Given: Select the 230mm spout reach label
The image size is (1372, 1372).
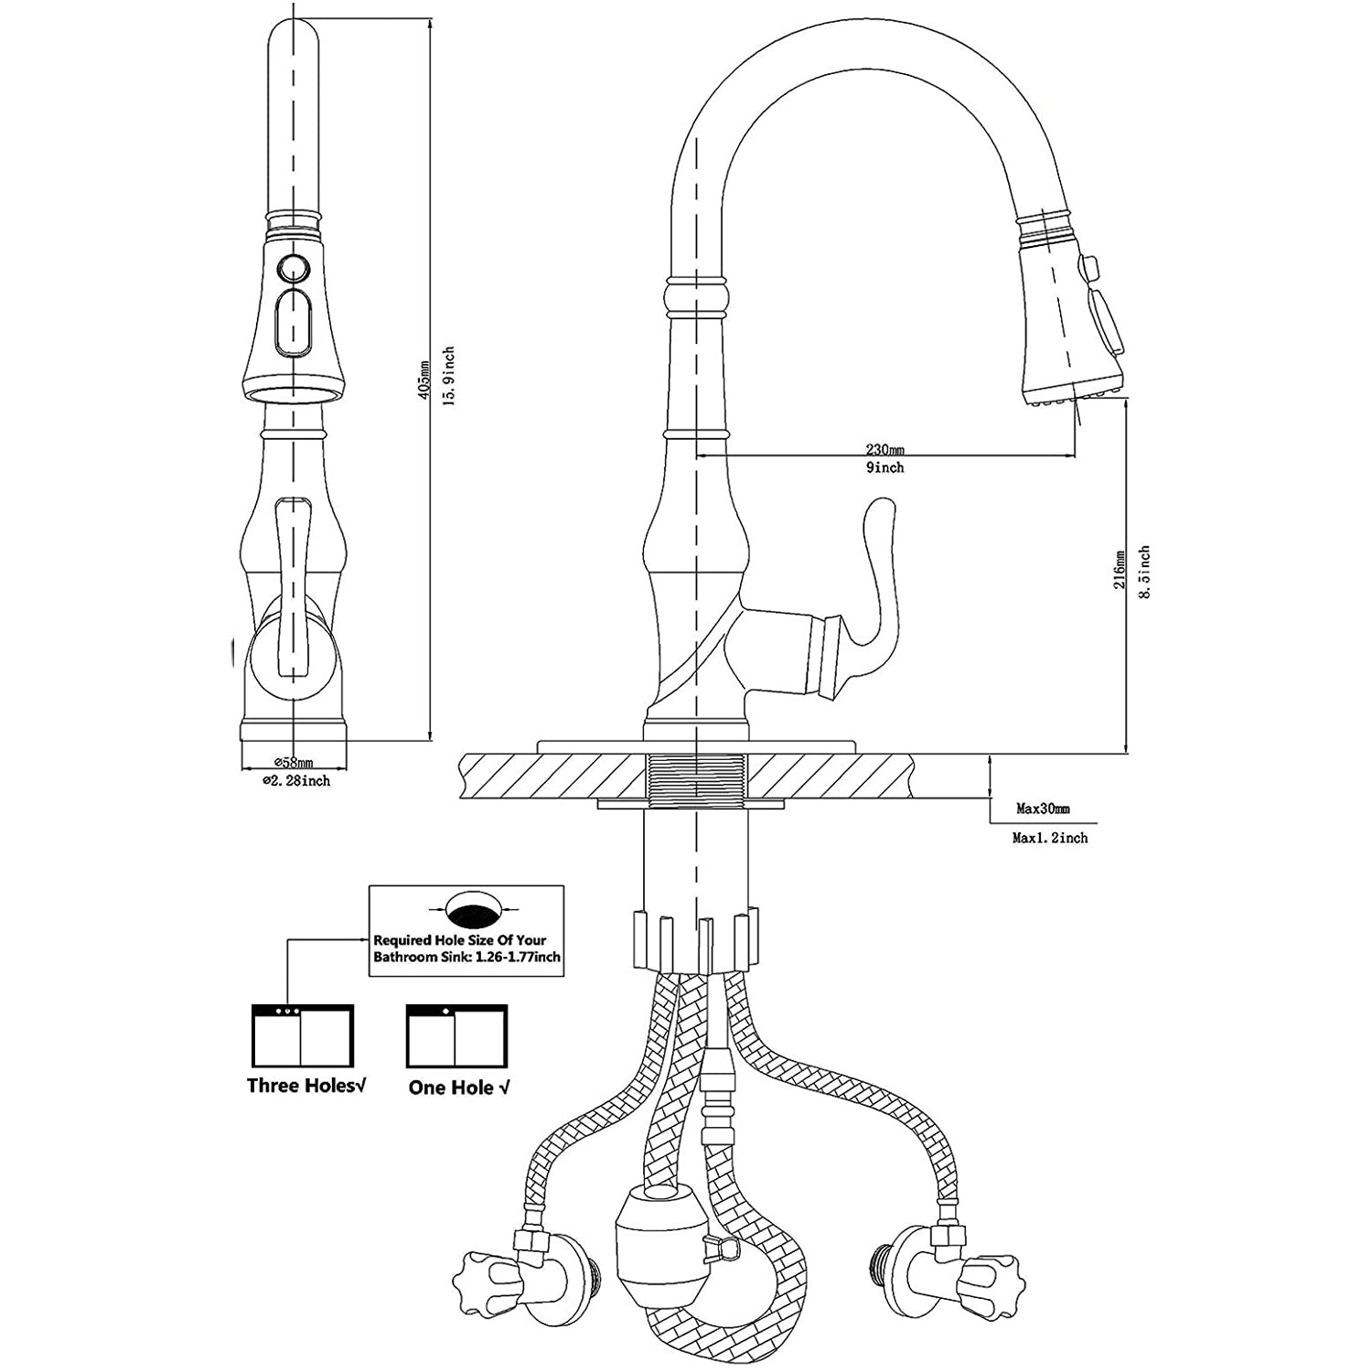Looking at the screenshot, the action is (884, 449).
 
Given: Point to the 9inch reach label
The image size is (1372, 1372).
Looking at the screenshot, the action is (884, 467).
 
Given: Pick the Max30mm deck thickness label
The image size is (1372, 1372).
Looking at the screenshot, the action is (1043, 809).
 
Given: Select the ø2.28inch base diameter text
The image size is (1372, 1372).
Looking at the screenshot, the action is (295, 781).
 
